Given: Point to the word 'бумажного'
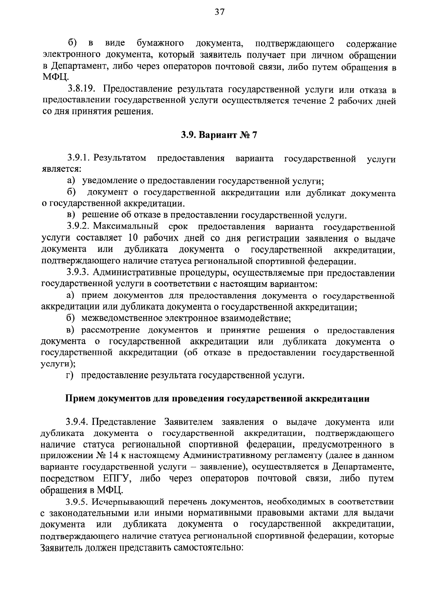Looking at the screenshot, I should [160, 44].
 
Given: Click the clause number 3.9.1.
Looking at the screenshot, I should [79, 158].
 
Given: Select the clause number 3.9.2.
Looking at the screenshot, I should [79, 227].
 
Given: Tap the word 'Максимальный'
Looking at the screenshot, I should [126, 227].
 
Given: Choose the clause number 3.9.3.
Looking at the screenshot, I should [79, 273].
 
